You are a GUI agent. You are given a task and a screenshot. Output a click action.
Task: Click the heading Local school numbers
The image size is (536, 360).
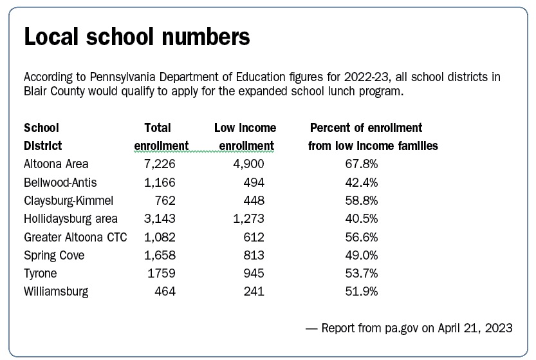click(136, 38)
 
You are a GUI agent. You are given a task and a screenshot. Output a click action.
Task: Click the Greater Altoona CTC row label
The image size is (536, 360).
click(75, 237)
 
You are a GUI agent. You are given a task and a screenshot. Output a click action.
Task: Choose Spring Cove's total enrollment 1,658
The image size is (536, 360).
click(159, 255)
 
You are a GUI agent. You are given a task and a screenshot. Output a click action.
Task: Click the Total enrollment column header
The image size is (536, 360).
click(161, 137)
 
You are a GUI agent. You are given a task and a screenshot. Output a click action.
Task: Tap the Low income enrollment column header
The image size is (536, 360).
click(245, 137)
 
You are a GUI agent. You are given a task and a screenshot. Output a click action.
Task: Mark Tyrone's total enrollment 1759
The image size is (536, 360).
click(160, 274)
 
